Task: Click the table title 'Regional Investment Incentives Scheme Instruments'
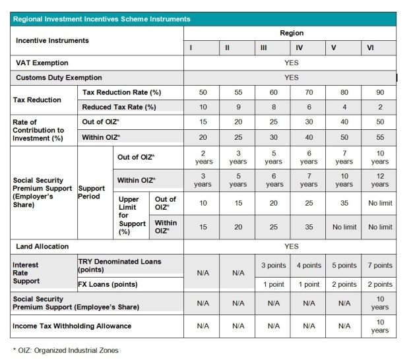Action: pyautogui.click(x=102, y=19)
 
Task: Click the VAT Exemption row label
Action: pyautogui.click(x=42, y=63)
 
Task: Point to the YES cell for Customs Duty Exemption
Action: pyautogui.click(x=291, y=78)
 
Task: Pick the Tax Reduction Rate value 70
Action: pyautogui.click(x=309, y=92)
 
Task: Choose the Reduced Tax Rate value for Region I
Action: pyautogui.click(x=203, y=106)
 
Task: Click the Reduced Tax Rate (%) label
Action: pyautogui.click(x=119, y=107)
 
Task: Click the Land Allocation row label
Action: pyautogui.click(x=42, y=247)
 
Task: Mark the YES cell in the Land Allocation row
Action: pyautogui.click(x=291, y=247)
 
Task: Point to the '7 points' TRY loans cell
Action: pyautogui.click(x=379, y=266)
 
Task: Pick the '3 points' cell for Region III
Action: pyautogui.click(x=273, y=266)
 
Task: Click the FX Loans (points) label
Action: pyautogui.click(x=108, y=285)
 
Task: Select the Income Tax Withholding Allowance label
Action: pyautogui.click(x=73, y=326)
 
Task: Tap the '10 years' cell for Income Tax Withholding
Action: pyautogui.click(x=379, y=326)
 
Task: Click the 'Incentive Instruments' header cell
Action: pyautogui.click(x=52, y=40)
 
